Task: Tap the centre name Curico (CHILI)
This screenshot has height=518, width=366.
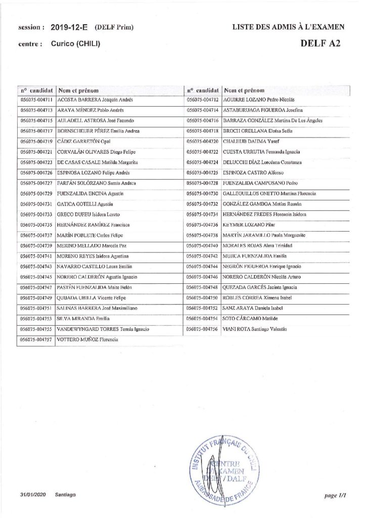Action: pyautogui.click(x=75, y=44)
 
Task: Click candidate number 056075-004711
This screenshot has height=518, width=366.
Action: pyautogui.click(x=36, y=100)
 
